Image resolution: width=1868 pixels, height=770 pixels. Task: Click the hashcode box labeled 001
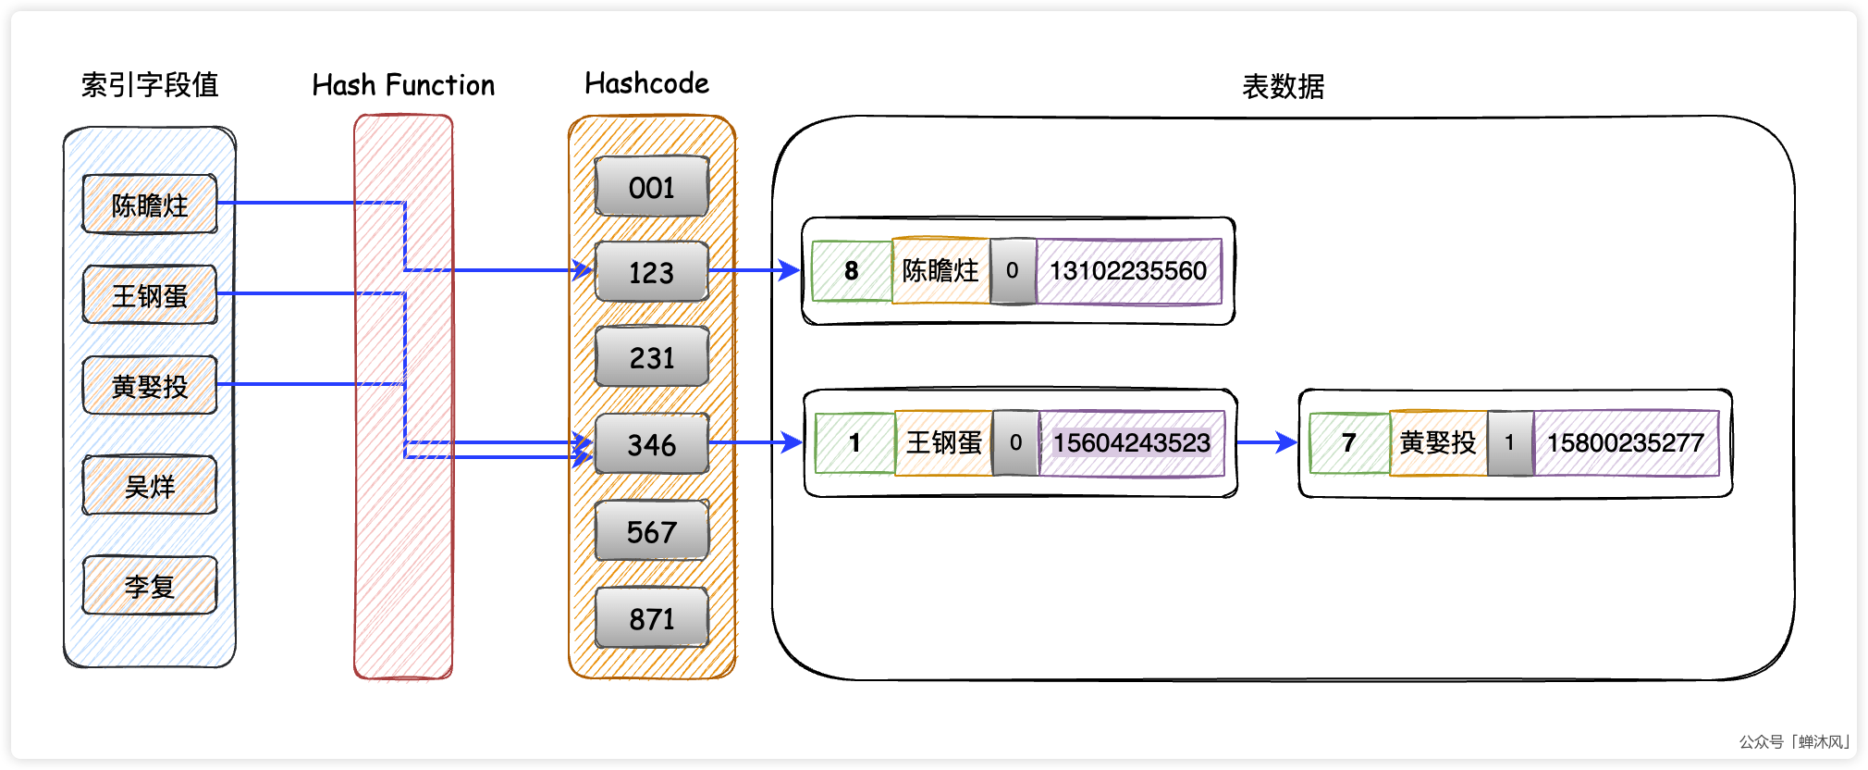652,187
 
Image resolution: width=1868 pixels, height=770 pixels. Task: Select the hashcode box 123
652,272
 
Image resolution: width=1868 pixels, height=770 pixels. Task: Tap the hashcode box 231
652,357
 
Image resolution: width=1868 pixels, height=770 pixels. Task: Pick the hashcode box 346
652,444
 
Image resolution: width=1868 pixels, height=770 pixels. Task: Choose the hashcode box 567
652,531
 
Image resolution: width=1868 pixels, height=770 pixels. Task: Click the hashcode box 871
652,618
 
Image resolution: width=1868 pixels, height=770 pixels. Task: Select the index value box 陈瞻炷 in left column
150,205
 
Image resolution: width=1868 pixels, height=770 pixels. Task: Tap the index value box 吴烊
150,486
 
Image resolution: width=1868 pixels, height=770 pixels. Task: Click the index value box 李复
150,586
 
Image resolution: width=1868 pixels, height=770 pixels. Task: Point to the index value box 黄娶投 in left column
150,386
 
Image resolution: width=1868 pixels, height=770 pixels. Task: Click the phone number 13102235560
1128,271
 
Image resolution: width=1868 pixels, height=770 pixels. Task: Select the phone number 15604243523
1131,443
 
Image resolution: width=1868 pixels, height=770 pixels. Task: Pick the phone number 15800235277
1625,443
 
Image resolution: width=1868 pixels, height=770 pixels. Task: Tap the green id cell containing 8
852,271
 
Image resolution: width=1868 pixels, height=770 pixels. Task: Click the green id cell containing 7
1349,443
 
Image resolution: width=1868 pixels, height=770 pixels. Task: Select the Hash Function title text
403,85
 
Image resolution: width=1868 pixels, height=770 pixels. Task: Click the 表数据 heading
1283,87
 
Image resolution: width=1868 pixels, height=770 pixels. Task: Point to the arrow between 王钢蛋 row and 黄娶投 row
1267,443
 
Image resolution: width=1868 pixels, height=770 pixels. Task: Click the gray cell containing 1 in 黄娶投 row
1509,443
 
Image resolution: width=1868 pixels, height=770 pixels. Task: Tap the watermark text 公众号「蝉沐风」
1794,742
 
